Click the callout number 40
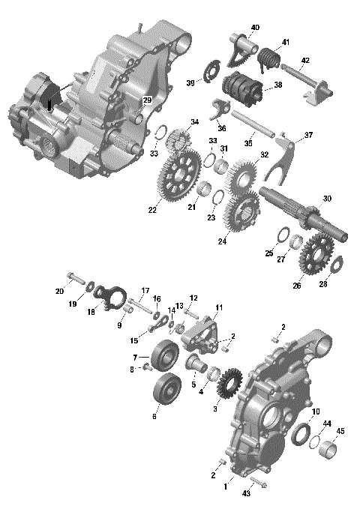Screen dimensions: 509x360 click(255, 28)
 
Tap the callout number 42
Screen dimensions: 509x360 click(305, 61)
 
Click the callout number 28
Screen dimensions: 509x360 click(323, 283)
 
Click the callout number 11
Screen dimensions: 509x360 click(219, 307)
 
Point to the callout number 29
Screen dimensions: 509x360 click(147, 100)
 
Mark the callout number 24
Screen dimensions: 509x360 click(222, 241)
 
